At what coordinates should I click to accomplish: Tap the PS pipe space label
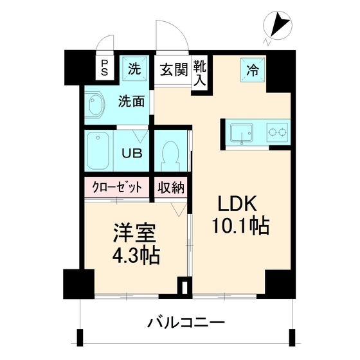coord(104,67)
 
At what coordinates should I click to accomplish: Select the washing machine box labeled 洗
coord(134,68)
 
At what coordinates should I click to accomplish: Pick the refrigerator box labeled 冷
coord(252,69)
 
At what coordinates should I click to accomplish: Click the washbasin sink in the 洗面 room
coord(97,105)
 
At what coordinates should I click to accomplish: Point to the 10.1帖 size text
coord(238,227)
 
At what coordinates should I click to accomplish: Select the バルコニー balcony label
coord(185,321)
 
